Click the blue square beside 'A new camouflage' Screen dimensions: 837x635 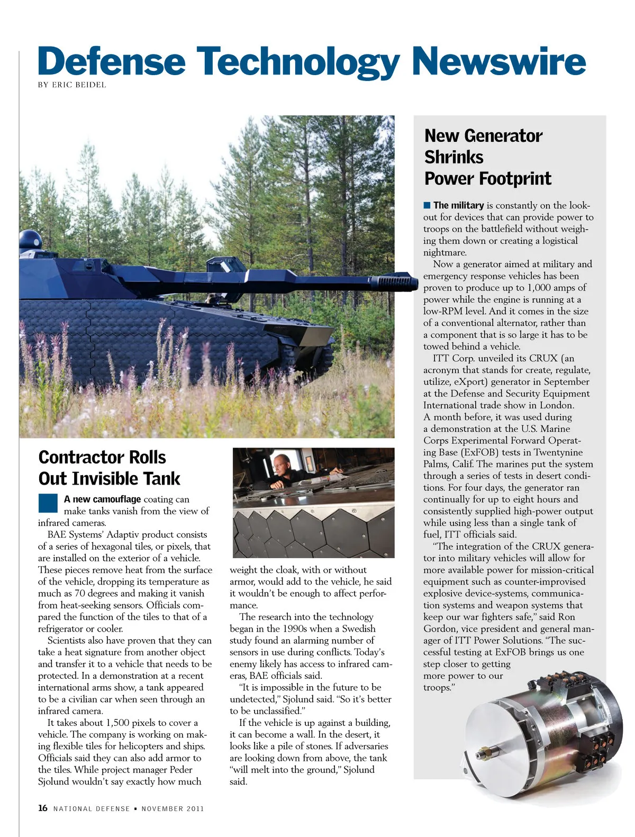(x=48, y=503)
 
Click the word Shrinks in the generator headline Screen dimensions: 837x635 (x=453, y=157)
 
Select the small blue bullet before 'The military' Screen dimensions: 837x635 (x=427, y=205)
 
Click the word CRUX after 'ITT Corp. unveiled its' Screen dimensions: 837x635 (x=544, y=358)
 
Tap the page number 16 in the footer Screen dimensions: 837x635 (x=43, y=808)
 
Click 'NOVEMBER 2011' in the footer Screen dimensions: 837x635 (x=173, y=808)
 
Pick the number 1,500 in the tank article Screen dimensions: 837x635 (x=123, y=723)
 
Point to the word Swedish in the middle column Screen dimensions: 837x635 (x=358, y=629)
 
